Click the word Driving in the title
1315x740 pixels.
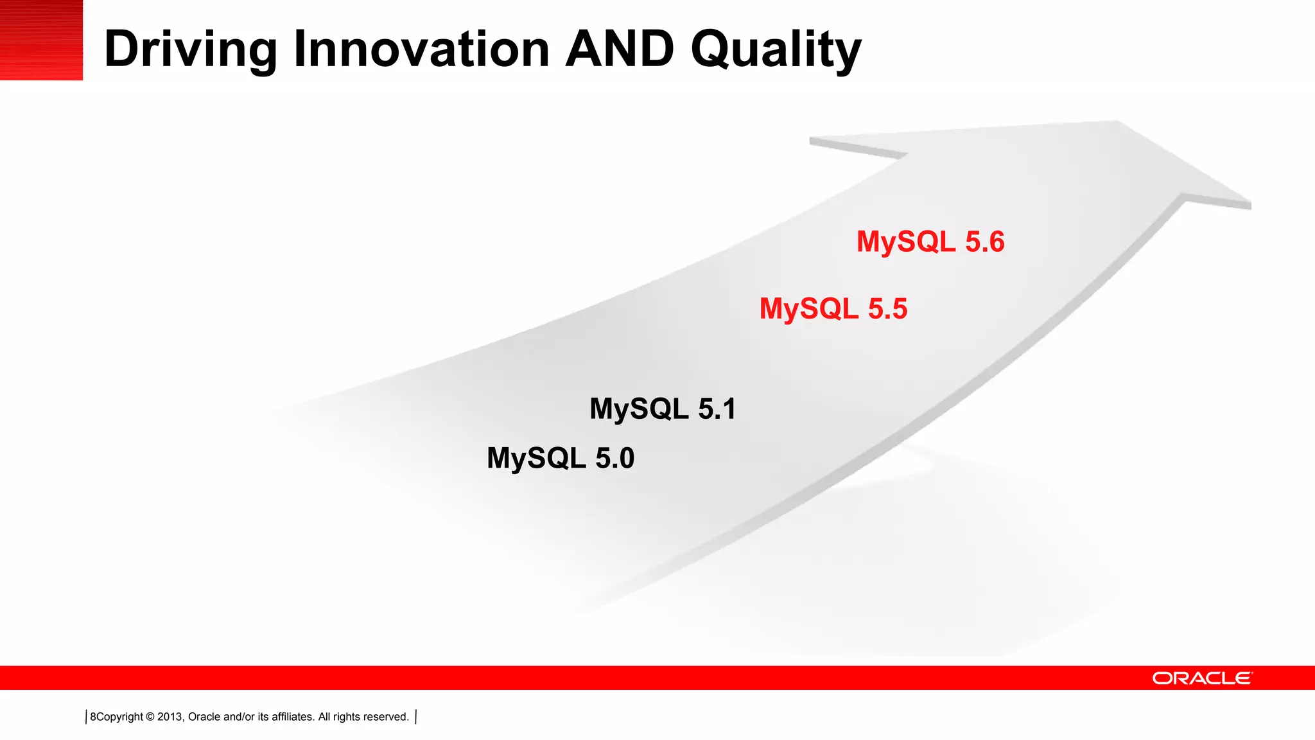pyautogui.click(x=190, y=50)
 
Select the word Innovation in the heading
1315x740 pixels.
pyautogui.click(x=421, y=49)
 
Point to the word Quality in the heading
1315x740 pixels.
pyautogui.click(x=776, y=50)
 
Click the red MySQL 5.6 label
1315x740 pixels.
pyautogui.click(x=930, y=242)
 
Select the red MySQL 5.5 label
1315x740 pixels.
pyautogui.click(x=833, y=309)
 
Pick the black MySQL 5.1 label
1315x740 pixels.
pyautogui.click(x=663, y=409)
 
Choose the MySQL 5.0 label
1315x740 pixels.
pyautogui.click(x=560, y=459)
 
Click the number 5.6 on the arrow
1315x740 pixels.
pyautogui.click(x=984, y=242)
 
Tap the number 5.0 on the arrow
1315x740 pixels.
pyautogui.click(x=614, y=459)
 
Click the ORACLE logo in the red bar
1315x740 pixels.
pyautogui.click(x=1201, y=678)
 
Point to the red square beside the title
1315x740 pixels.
pyautogui.click(x=41, y=40)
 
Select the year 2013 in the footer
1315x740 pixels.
pyautogui.click(x=170, y=717)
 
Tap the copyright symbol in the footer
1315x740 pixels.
pyautogui.click(x=150, y=717)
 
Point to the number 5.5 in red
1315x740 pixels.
pyautogui.click(x=887, y=309)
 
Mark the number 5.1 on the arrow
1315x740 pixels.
pyautogui.click(x=717, y=409)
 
